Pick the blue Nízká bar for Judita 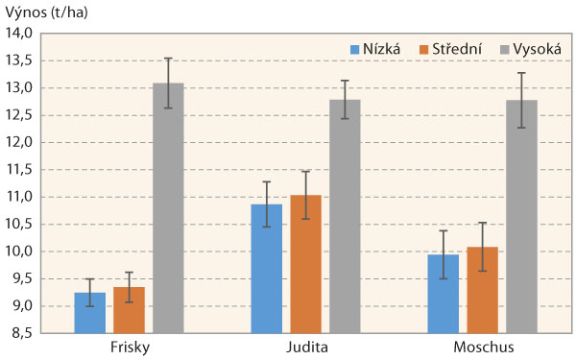(x=267, y=269)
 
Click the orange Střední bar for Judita (x=305, y=264)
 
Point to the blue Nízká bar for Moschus (x=444, y=294)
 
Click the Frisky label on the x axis (x=129, y=347)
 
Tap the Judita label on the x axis (x=305, y=347)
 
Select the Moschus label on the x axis (x=482, y=347)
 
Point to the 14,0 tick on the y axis (x=20, y=34)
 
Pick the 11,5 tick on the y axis (x=20, y=170)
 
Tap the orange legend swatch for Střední (x=424, y=48)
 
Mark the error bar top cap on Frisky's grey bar (x=168, y=59)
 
